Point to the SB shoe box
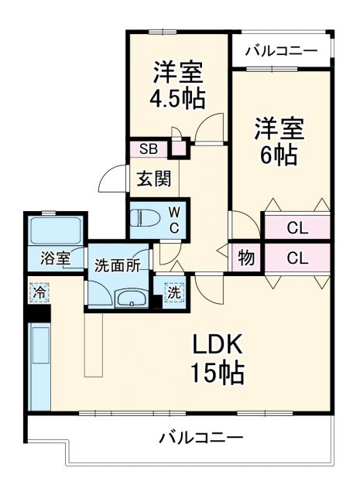pyautogui.click(x=149, y=149)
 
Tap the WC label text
pyautogui.click(x=175, y=219)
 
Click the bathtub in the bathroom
pyautogui.click(x=55, y=230)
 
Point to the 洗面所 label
pyautogui.click(x=117, y=265)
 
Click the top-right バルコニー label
pyautogui.click(x=281, y=52)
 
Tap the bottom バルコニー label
pyautogui.click(x=201, y=438)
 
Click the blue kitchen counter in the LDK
pyautogui.click(x=39, y=364)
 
